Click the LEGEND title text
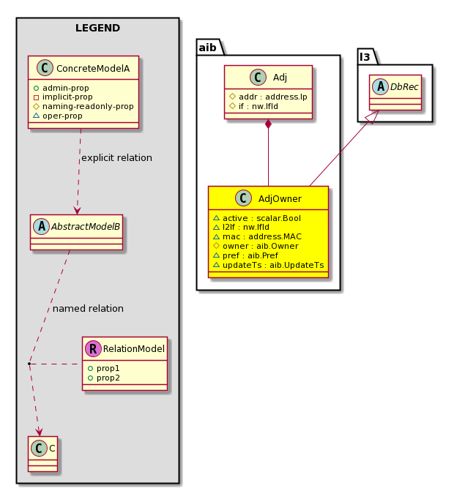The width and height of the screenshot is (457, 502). (97, 28)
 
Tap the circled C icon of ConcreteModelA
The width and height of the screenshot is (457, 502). (45, 68)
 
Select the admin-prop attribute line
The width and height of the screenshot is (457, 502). (62, 88)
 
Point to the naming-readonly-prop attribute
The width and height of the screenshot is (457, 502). (83, 106)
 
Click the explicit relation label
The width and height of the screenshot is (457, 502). (116, 158)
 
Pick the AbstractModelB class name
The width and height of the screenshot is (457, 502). (85, 227)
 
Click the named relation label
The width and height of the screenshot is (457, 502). (88, 309)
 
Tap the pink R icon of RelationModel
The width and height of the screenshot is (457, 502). (93, 348)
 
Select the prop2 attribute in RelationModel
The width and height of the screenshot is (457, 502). (104, 378)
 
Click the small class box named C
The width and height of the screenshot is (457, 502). (43, 454)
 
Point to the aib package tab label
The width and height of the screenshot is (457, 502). (207, 48)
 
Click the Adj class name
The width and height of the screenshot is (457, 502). (280, 77)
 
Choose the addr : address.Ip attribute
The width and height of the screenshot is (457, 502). (269, 97)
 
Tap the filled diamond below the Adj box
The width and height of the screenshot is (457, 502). (269, 124)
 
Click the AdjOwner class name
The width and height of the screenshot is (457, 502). (280, 199)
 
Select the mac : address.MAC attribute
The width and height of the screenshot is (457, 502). (257, 236)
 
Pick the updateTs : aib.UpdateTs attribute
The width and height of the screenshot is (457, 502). (269, 265)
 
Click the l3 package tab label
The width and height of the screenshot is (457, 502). (365, 57)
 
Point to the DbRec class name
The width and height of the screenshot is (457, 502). (404, 87)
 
